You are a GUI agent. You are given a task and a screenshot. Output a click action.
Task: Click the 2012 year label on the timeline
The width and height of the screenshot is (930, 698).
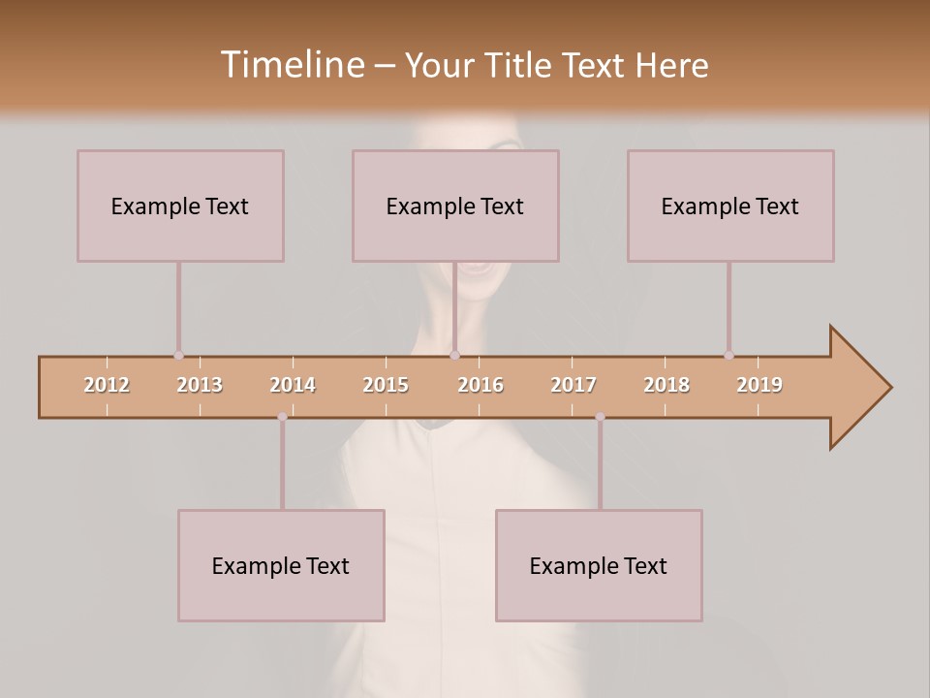(x=107, y=385)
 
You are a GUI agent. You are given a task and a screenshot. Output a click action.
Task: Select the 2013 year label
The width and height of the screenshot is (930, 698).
(x=200, y=385)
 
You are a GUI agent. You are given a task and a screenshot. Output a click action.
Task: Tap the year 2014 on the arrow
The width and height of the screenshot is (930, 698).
(x=293, y=385)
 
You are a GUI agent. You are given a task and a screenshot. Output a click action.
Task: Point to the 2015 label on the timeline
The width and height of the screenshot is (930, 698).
(x=386, y=385)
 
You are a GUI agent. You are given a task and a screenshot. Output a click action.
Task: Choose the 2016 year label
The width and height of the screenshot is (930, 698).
(x=480, y=385)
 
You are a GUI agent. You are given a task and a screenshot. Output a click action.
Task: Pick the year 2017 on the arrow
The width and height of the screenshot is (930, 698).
(x=573, y=385)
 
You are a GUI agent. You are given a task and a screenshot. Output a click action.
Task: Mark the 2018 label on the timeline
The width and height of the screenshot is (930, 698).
(x=666, y=385)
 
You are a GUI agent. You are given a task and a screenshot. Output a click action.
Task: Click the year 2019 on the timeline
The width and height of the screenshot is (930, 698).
(x=759, y=385)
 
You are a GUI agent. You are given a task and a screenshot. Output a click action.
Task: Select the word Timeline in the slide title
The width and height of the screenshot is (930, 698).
(x=290, y=65)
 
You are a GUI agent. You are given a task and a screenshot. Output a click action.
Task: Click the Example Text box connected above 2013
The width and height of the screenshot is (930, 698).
(x=180, y=206)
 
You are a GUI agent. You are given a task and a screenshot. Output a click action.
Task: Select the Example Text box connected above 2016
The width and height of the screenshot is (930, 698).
(x=455, y=206)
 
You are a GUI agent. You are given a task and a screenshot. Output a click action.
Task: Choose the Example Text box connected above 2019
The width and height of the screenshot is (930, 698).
(x=730, y=206)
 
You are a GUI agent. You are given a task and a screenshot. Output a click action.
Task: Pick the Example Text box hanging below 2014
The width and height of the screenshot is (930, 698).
(x=281, y=565)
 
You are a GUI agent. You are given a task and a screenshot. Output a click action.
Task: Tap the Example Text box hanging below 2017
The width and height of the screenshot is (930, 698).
(x=599, y=565)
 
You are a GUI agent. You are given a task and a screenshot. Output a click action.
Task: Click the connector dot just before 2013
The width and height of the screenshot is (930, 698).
(x=178, y=356)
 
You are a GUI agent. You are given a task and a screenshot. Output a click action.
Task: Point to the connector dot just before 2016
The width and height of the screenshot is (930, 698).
(x=454, y=356)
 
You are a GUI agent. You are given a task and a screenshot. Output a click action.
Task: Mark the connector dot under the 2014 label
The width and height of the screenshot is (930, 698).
(x=282, y=417)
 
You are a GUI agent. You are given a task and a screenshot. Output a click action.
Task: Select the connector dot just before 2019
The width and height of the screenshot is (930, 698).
(x=728, y=356)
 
